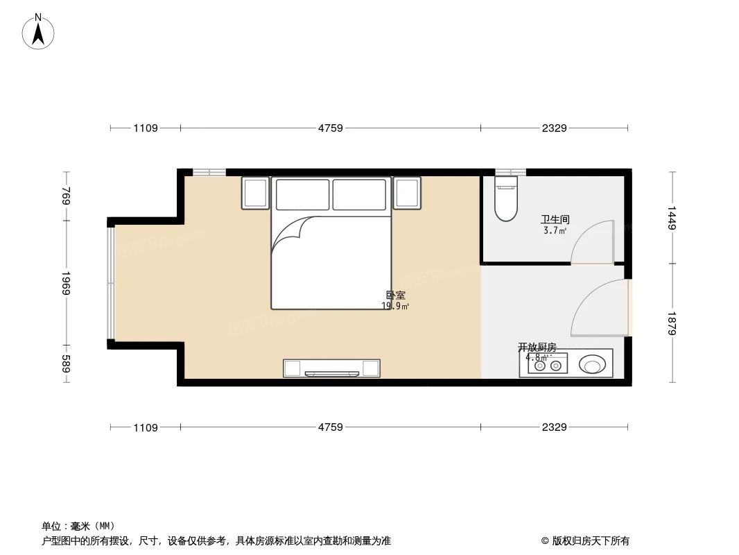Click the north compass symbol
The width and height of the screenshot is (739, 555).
pyautogui.click(x=39, y=32)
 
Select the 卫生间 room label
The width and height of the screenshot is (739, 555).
pyautogui.click(x=555, y=219)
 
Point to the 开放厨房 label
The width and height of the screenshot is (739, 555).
pyautogui.click(x=537, y=347)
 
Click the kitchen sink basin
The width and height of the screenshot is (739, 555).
pyautogui.click(x=593, y=364)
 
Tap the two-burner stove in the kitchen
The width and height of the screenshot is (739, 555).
pyautogui.click(x=547, y=365)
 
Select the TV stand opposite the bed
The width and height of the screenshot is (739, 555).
pyautogui.click(x=331, y=368)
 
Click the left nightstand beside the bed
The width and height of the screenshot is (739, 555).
pyautogui.click(x=255, y=193)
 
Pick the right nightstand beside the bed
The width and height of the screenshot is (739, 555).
pyautogui.click(x=407, y=193)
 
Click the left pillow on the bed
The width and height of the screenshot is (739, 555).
pyautogui.click(x=302, y=194)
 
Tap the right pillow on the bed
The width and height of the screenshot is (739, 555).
pyautogui.click(x=359, y=194)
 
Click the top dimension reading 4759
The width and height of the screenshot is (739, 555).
pyautogui.click(x=331, y=128)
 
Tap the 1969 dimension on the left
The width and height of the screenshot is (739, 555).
pyautogui.click(x=66, y=283)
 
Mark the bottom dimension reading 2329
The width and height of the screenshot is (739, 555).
pyautogui.click(x=554, y=427)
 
